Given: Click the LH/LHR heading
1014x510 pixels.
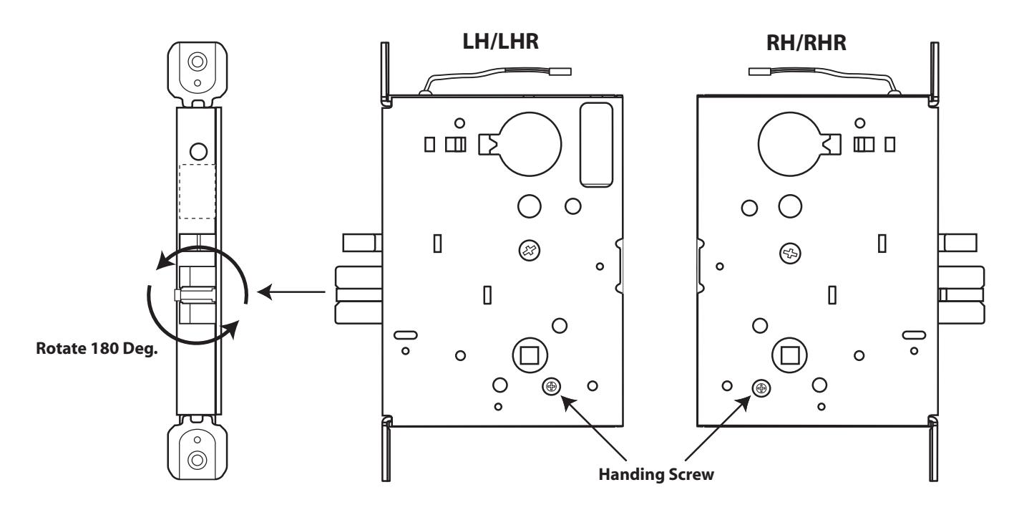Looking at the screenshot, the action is (x=500, y=42).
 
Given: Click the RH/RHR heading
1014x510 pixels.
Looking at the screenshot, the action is (x=806, y=43).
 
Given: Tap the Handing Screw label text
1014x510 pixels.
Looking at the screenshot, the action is (x=656, y=475).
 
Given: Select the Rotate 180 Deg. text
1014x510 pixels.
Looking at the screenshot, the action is (x=97, y=348).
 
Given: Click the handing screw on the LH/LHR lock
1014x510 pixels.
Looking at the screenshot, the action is (x=551, y=386).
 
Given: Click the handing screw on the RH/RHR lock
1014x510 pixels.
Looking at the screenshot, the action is (x=761, y=388).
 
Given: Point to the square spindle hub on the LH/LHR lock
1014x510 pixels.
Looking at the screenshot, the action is (x=530, y=355).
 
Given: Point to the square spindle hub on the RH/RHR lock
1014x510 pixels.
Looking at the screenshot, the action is (x=790, y=355).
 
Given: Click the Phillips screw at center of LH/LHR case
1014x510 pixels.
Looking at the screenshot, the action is (x=529, y=251).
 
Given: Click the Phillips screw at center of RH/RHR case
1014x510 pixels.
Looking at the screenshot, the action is (x=791, y=253).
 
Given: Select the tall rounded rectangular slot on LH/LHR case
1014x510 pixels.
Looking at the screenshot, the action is (x=597, y=145).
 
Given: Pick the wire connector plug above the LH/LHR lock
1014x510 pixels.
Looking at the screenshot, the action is (x=560, y=72).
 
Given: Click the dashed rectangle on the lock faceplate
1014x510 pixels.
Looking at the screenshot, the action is (x=198, y=191).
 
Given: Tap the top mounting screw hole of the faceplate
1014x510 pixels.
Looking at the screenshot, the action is (x=198, y=61).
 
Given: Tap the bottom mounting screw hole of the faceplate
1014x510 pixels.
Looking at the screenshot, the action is (x=198, y=460).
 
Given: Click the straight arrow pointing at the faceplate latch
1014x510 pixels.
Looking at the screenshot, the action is (x=291, y=292).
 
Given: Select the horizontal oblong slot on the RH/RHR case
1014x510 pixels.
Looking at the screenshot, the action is (x=914, y=335).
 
